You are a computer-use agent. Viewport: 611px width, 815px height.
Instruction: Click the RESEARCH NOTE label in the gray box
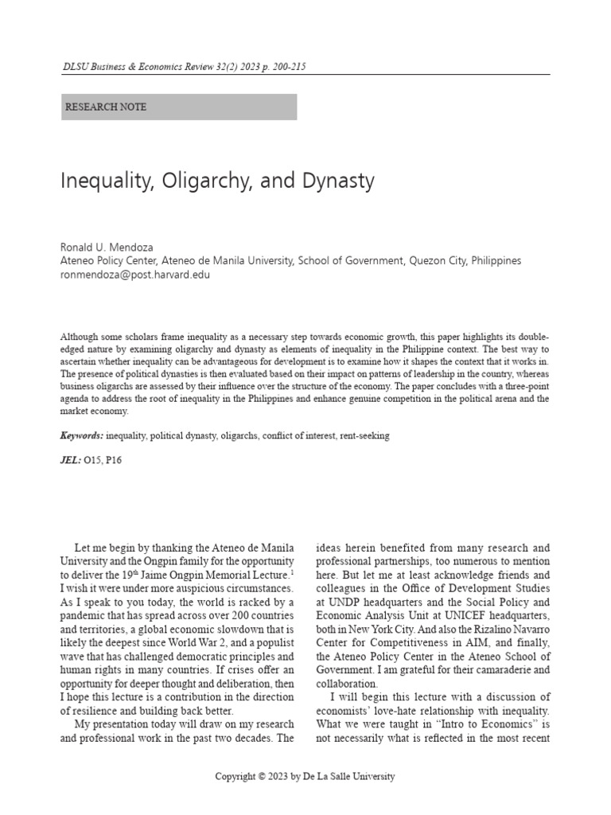point(105,107)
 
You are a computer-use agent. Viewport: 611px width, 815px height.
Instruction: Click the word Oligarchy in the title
point(200,181)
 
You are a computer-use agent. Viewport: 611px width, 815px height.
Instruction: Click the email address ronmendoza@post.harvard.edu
point(135,275)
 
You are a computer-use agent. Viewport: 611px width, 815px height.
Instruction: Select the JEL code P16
point(117,460)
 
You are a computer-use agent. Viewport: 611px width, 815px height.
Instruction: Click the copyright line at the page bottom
point(305,776)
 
